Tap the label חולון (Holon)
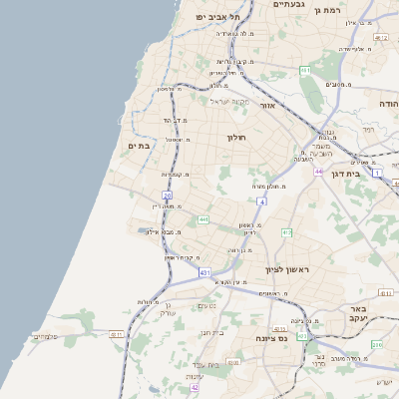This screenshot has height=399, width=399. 235,137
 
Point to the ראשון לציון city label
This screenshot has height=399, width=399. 287,270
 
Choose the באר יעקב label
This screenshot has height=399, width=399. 359,314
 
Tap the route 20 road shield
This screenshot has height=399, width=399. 168,196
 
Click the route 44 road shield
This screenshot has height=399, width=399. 317,172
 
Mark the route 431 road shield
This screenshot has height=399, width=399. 204,271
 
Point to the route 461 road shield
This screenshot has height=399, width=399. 304,70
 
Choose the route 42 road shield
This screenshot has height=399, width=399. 195,387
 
